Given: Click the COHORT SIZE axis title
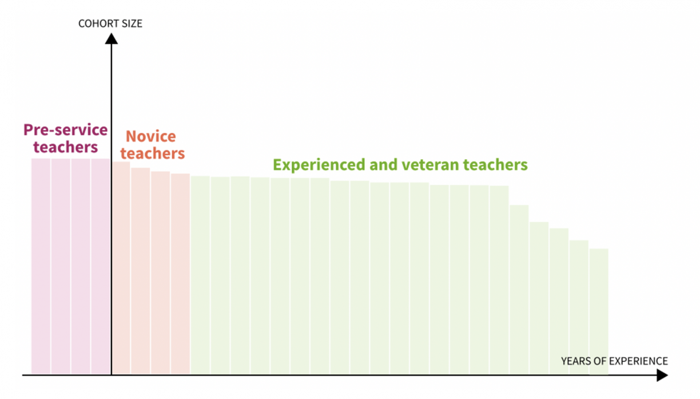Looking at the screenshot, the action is pos(110,23).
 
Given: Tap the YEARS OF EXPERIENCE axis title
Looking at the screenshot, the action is pos(614,361).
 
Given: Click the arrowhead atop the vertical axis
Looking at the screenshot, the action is pos(112,39).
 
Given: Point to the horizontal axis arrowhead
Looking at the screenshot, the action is pos(662,375).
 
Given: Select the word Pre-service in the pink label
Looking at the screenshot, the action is pos(66,130).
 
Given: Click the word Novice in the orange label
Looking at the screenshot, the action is pos(151,136).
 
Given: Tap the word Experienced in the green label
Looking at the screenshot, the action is pos(319,165).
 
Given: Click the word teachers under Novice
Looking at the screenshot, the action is pos(153,153).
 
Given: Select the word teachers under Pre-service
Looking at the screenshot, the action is pos(66,147).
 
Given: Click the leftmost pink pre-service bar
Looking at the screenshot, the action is pos(41,266).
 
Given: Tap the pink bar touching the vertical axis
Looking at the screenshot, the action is pos(100,266).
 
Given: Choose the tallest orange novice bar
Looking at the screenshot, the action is pos(121,268).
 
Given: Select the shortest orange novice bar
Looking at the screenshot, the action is pos(180,274).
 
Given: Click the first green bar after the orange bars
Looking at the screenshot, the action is pos(200,275).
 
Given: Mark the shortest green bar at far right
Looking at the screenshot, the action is pos(599,311).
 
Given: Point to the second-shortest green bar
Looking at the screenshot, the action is pos(579,307).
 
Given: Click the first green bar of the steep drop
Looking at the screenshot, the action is pos(519,290).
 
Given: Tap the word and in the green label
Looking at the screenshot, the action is pos(383,165).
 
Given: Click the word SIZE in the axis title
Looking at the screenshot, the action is pos(133,23).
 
